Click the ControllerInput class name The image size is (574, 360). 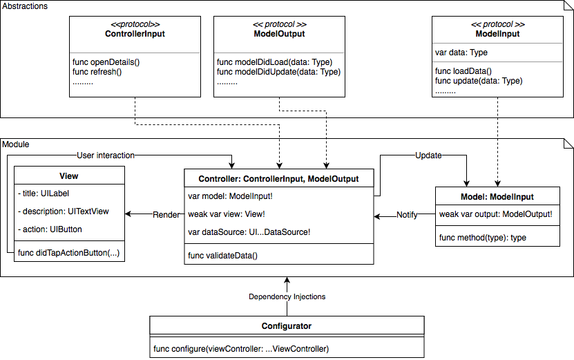135,33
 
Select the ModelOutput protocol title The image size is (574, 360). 279,33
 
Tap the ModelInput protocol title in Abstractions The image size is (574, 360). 498,33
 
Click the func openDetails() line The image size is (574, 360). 106,61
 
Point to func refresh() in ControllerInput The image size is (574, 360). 97,71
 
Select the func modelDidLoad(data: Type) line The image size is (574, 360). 276,61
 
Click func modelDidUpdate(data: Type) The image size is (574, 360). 280,71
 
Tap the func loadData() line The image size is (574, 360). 463,70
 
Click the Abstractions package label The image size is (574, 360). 25,6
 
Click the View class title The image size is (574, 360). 69,176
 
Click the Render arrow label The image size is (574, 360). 166,214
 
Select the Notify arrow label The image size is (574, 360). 406,215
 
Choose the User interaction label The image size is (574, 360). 106,155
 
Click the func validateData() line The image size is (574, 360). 222,256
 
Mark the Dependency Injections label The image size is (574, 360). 287,296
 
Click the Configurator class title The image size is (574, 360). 287,326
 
